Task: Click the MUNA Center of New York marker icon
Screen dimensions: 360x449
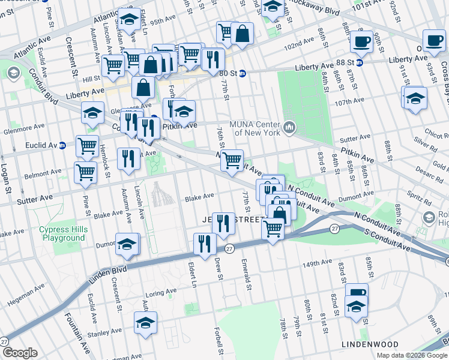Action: coord(291,127)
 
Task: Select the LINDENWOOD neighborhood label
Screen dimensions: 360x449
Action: coord(370,344)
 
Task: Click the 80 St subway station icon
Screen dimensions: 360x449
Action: coord(243,73)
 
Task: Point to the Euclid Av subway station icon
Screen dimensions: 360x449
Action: coord(62,146)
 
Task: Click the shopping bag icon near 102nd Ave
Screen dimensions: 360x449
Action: coord(243,34)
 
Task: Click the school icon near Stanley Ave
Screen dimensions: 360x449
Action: coord(145,323)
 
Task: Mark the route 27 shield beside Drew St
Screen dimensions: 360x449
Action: coord(229,248)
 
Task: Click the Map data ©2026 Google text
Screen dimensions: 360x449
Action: coord(411,355)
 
